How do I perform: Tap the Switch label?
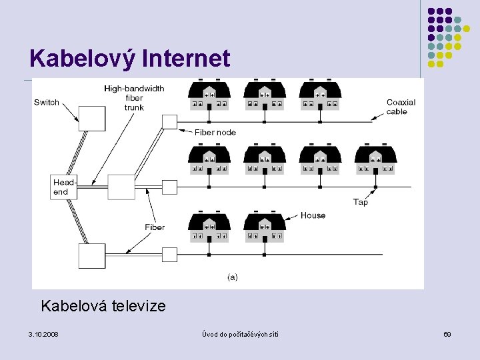click(x=47, y=102)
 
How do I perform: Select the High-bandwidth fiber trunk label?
click(x=133, y=98)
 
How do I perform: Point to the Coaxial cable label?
click(x=401, y=107)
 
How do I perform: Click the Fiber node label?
click(x=215, y=132)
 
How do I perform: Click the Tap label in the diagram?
click(x=360, y=202)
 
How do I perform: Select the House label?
click(x=313, y=215)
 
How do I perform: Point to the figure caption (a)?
click(x=233, y=277)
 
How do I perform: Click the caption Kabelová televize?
click(x=103, y=306)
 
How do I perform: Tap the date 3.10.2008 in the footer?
click(x=43, y=333)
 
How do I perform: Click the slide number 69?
click(x=447, y=333)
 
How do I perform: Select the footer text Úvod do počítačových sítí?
click(x=240, y=333)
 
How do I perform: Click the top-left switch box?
click(x=92, y=118)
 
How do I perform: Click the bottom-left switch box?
click(x=92, y=256)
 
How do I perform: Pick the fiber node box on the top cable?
click(x=169, y=121)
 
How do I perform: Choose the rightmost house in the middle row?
click(x=375, y=161)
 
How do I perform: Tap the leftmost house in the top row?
click(x=209, y=95)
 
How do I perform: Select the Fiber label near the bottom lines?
click(x=155, y=227)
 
